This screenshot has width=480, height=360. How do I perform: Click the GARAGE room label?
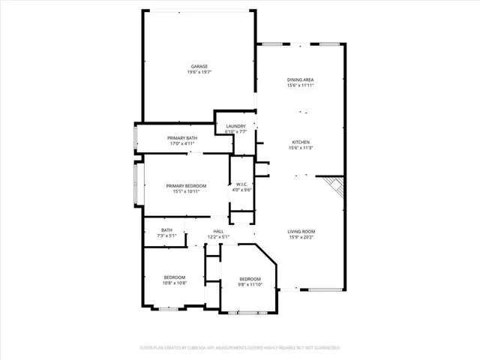tap(199, 66)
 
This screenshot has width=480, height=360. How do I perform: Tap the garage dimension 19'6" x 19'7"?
tap(199, 73)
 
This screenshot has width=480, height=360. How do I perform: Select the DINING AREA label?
tap(300, 79)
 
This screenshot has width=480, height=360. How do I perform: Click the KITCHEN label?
tap(300, 142)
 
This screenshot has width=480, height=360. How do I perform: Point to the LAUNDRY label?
tap(236, 125)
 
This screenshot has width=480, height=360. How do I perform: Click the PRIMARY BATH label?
tap(182, 138)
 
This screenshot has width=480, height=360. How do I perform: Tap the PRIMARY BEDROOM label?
tap(186, 185)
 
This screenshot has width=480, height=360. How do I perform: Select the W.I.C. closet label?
tap(241, 184)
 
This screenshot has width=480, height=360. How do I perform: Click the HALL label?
tap(218, 231)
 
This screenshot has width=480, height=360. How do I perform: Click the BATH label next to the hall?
tap(166, 230)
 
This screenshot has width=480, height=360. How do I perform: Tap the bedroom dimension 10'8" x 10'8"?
tap(174, 283)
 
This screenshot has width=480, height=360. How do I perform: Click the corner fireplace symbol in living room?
tap(332, 187)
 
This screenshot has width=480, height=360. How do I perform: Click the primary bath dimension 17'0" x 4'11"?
tap(182, 144)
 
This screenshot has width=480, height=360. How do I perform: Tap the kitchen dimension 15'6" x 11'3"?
tap(300, 148)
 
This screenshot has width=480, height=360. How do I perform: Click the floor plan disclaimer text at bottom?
tap(240, 348)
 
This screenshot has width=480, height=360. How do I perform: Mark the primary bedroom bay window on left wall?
tap(136, 184)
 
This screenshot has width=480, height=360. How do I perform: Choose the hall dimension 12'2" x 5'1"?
tap(218, 237)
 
